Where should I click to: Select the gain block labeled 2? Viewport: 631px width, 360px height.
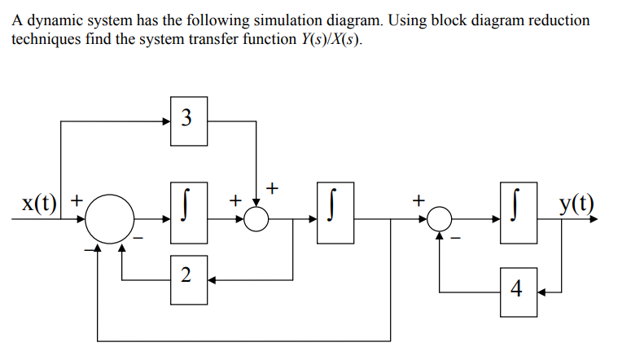[x=189, y=275]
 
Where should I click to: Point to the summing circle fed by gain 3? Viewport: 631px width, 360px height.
[x=257, y=219]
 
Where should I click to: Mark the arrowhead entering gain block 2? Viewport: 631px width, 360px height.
[x=212, y=279]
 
